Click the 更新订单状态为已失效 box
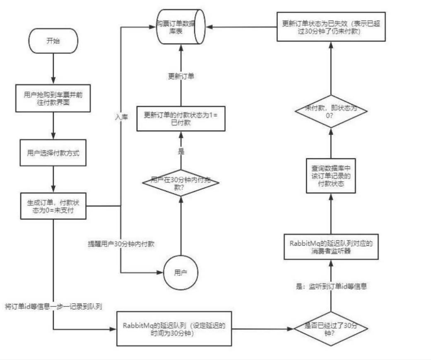click(330, 26)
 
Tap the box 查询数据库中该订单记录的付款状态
click(330, 175)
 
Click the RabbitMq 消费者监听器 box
click(330, 247)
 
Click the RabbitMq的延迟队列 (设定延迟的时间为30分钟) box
click(173, 328)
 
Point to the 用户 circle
click(181, 273)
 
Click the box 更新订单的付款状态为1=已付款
click(181, 119)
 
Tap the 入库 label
click(120, 117)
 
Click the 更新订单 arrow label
click(181, 76)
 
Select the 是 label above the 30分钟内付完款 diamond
click(181, 152)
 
